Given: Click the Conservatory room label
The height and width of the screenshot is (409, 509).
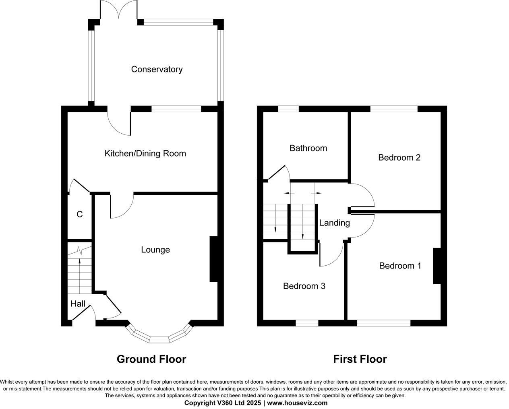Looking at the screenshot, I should pos(157,69).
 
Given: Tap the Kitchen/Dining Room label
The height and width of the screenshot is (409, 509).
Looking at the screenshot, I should pos(145,153).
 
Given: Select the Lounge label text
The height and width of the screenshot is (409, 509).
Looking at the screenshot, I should pos(155,250).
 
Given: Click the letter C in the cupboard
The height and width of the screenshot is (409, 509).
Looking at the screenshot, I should pos(79,215).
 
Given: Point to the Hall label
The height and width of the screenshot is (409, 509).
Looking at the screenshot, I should pos(78,304).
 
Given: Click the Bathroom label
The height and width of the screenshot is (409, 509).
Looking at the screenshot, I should pos(308,148).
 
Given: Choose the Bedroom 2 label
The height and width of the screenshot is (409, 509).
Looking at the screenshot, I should pos(399,157).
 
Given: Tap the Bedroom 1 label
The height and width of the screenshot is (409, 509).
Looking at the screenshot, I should pos(400,266).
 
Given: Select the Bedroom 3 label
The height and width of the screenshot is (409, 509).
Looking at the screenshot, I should pos(304,286).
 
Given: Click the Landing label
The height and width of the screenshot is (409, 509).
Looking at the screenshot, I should pos(334,223).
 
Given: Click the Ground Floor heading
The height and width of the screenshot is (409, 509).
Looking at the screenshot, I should pos(151,359).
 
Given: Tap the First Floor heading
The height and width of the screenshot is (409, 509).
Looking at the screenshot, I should pos(360,359).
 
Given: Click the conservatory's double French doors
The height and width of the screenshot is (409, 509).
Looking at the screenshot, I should pos(119,10).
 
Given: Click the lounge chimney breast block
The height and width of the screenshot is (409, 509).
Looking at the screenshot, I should pos(213,259).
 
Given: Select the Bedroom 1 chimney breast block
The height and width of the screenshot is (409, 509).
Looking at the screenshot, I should pos(437,266).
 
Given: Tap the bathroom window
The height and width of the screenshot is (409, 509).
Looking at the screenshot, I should pos(288,108).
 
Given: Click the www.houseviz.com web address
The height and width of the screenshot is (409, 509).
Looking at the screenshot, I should pos(297,403).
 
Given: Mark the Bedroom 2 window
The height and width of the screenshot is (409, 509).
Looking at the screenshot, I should pos(394,108).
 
